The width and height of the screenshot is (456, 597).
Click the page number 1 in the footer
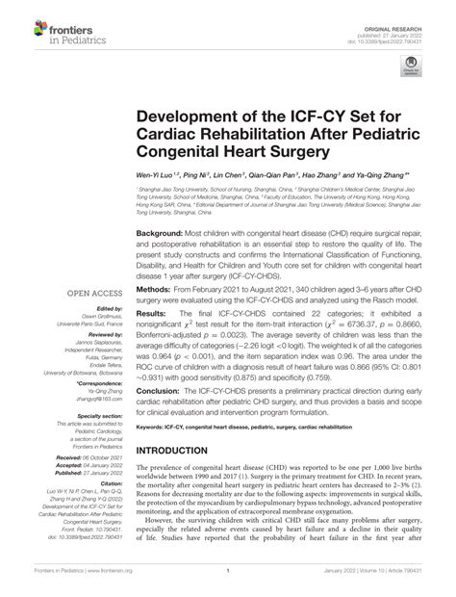pos(227,589)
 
